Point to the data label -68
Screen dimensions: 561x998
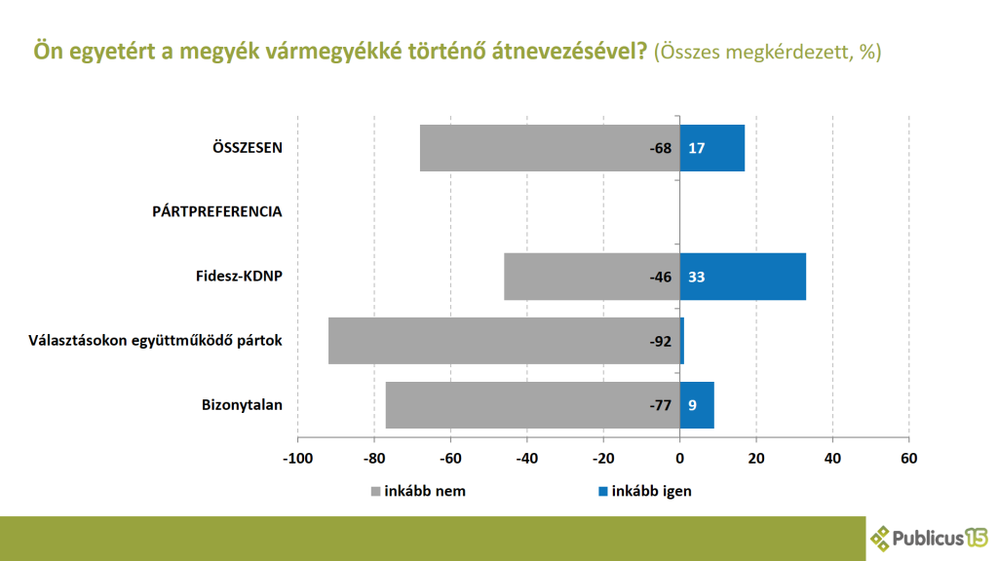(x=661, y=149)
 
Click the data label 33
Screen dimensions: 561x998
(x=697, y=278)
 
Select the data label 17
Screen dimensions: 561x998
(x=697, y=149)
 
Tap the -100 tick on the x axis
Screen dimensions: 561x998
(x=296, y=457)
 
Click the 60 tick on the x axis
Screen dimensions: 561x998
(x=908, y=457)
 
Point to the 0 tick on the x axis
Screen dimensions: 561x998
(x=679, y=457)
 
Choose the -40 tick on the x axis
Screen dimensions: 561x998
(x=526, y=457)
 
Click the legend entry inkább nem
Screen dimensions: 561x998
(x=419, y=491)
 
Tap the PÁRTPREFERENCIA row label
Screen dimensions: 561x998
(x=217, y=211)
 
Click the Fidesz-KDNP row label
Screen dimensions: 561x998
(x=239, y=277)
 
